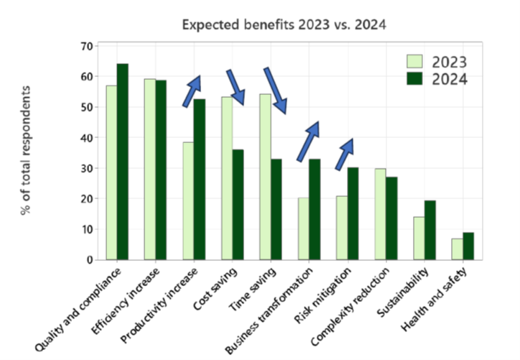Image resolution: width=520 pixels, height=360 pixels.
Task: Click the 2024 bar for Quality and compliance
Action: tap(123, 162)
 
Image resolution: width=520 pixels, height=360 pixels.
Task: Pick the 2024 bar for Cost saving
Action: tap(238, 204)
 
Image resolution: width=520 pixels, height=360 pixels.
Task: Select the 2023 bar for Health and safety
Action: tap(457, 249)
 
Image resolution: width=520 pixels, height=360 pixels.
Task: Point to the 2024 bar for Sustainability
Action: tap(430, 230)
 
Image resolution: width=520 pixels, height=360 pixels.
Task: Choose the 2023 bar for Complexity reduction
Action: tap(381, 214)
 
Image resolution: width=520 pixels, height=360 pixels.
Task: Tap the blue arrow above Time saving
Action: tap(275, 90)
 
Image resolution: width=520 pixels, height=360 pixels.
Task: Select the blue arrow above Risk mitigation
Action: tap(345, 154)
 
